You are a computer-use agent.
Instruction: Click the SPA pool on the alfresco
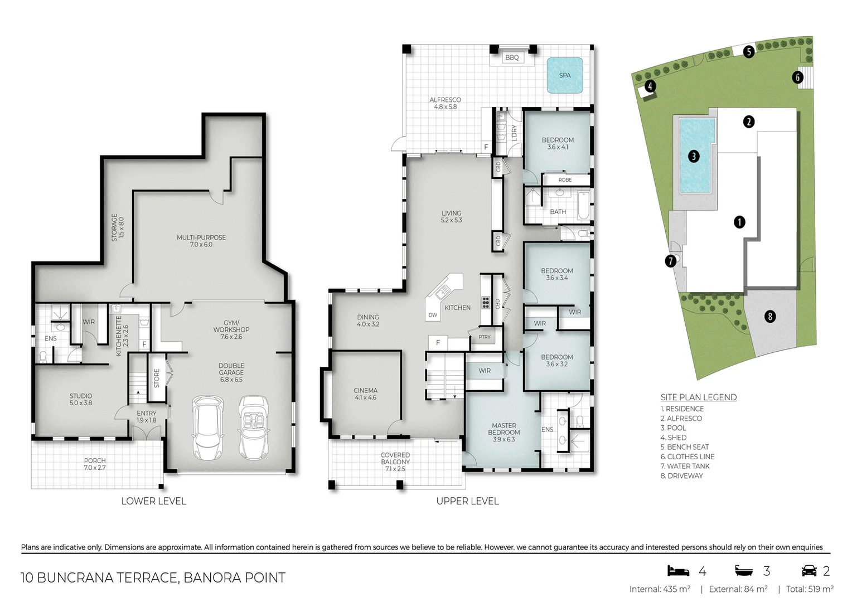(565, 75)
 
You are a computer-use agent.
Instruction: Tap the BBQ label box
(512, 57)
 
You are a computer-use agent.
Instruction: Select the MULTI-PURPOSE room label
(201, 241)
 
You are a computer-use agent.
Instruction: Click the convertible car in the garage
(254, 427)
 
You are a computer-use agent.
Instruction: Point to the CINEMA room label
(366, 394)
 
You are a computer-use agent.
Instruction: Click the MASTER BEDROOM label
(504, 433)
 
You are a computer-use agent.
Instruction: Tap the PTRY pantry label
(485, 337)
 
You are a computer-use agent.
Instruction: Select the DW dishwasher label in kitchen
(433, 315)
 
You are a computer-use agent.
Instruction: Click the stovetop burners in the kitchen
(486, 302)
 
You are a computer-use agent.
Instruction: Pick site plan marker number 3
(694, 156)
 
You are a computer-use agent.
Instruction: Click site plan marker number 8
(770, 317)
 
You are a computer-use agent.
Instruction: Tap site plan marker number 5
(748, 51)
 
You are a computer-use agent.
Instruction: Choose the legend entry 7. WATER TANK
(685, 466)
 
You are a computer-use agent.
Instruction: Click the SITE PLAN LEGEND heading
(698, 397)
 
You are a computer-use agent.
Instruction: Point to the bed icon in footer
(678, 570)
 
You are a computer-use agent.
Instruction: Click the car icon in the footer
(809, 570)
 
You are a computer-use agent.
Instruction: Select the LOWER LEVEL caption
(154, 501)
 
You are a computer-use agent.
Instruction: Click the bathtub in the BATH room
(583, 206)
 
